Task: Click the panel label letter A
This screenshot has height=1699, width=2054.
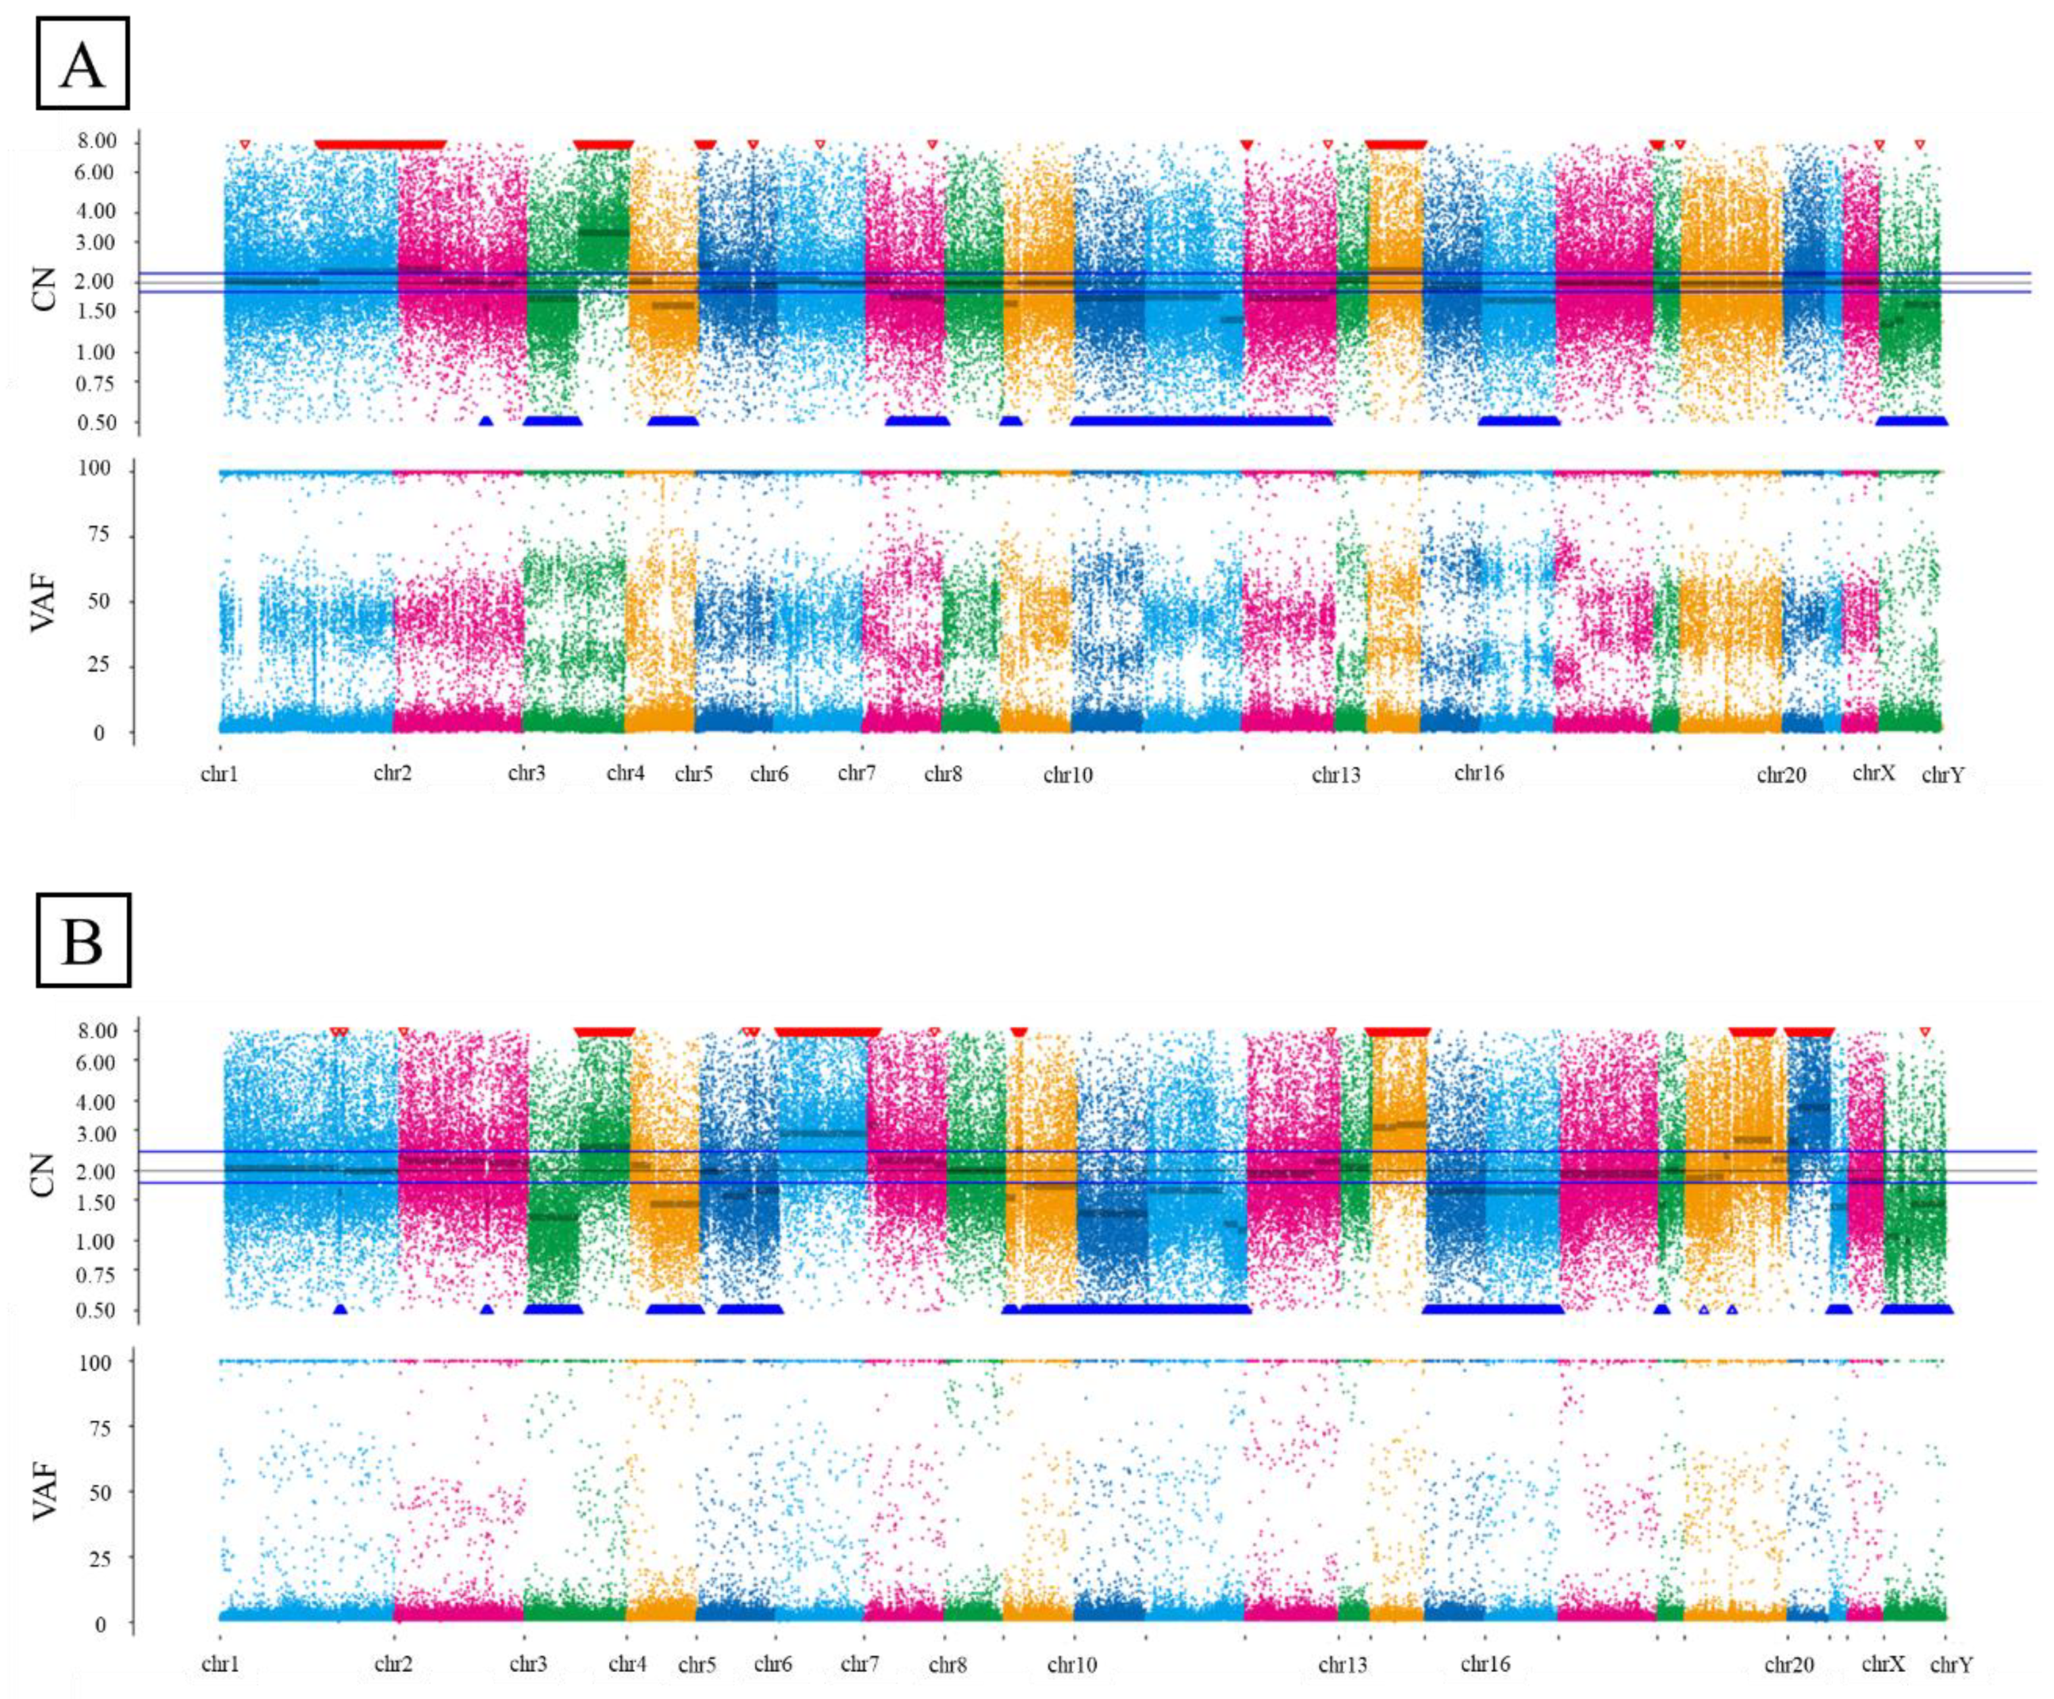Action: pos(82,64)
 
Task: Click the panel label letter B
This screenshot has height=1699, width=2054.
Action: pos(82,940)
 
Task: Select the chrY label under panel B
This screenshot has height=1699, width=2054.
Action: pos(1951,1665)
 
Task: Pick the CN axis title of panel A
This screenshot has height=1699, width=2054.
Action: pos(44,289)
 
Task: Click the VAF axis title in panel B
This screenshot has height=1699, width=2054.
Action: pos(44,1491)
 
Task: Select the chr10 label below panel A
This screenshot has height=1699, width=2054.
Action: pos(1067,775)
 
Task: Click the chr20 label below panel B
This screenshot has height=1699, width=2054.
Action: pos(1789,1665)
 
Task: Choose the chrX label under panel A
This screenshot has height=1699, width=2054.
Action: pos(1873,773)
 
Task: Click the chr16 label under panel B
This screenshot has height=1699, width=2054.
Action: pos(1485,1664)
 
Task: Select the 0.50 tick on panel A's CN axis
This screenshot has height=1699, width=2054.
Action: pos(96,423)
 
